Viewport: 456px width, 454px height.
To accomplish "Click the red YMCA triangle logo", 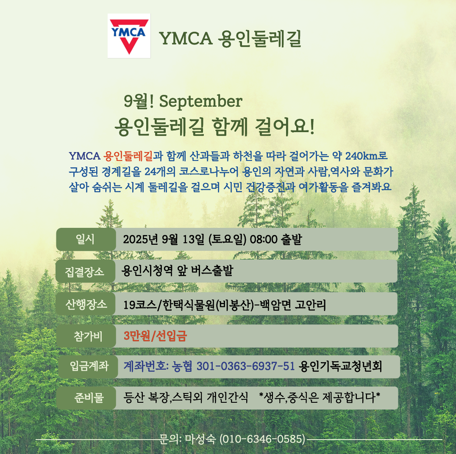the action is click(x=129, y=36).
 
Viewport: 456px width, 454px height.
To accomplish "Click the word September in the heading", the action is click(x=200, y=102).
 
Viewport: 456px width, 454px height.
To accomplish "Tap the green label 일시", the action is click(x=85, y=239).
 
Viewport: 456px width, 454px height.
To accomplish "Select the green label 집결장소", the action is click(x=85, y=271).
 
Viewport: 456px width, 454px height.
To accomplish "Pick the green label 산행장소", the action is click(x=86, y=304).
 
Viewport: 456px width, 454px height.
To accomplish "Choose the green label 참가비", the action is click(x=88, y=336).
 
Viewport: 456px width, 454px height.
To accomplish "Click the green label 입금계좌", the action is click(x=89, y=366).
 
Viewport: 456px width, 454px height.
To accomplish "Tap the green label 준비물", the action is click(x=89, y=398).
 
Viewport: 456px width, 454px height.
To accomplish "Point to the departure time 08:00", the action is click(x=264, y=240).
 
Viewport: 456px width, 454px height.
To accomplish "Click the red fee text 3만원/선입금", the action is click(x=155, y=336).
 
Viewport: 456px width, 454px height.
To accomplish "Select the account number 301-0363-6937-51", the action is click(x=246, y=366).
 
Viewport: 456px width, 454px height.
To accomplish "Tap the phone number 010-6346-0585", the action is click(x=262, y=439).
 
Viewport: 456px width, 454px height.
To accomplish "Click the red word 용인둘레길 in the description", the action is click(x=128, y=156).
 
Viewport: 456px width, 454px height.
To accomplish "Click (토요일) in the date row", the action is click(x=228, y=240).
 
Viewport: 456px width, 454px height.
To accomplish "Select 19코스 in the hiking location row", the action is click(x=140, y=305).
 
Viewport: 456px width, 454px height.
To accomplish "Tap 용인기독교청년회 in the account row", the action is click(x=340, y=366).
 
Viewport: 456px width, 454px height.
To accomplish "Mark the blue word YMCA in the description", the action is click(x=85, y=156).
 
